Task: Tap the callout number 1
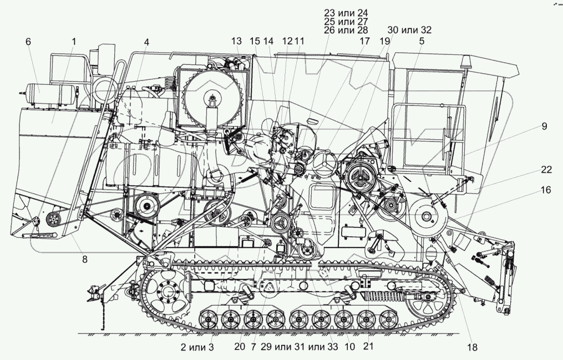[x=74, y=41]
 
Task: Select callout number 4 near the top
[x=146, y=42]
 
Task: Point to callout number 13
[x=237, y=41]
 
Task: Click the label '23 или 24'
[x=354, y=12]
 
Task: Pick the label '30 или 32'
[x=410, y=30]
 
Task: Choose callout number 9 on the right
[x=544, y=126]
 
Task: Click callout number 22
[x=546, y=169]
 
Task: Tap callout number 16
[x=545, y=190]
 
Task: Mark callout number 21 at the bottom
[x=368, y=347]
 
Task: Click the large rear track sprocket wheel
[x=164, y=290]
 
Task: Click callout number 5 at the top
[x=422, y=41]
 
